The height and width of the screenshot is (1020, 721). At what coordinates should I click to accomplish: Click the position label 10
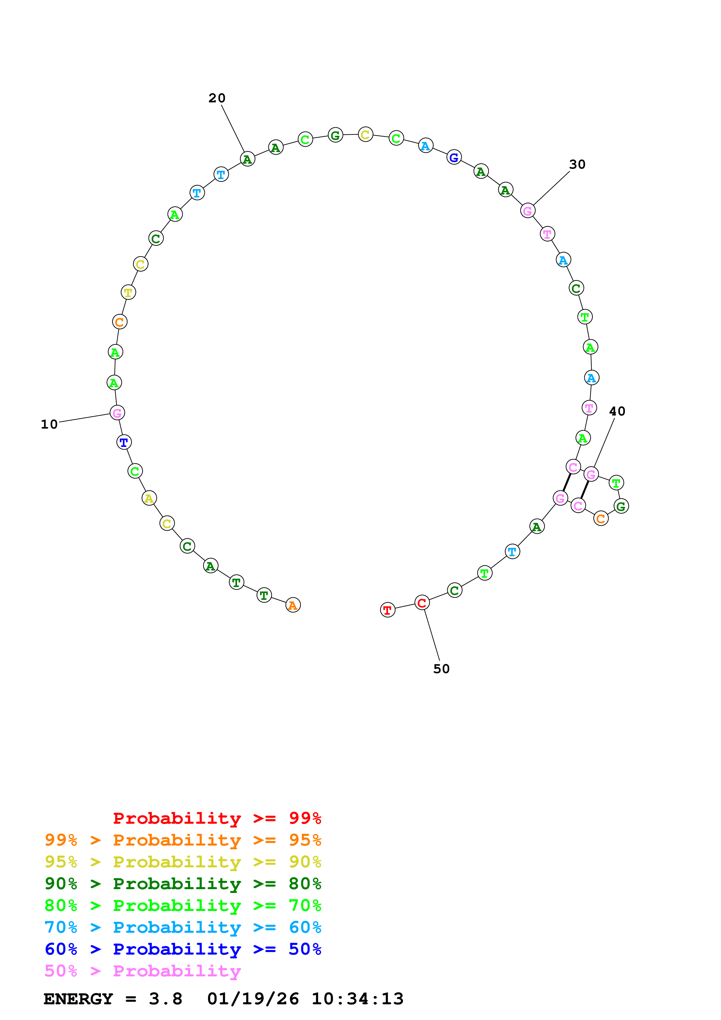click(49, 424)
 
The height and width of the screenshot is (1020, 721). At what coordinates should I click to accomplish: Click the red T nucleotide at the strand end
click(387, 610)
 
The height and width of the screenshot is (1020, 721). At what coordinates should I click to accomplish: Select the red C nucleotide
click(422, 603)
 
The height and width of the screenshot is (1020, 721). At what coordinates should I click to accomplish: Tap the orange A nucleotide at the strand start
click(293, 605)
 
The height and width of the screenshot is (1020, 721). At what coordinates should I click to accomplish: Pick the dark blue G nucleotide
click(453, 157)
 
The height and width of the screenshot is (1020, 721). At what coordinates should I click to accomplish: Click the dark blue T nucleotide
click(124, 443)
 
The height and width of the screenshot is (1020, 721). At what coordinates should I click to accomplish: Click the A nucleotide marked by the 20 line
click(248, 159)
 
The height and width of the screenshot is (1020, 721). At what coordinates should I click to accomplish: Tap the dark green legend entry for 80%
click(183, 884)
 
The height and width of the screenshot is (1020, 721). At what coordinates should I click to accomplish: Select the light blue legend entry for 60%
click(183, 927)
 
